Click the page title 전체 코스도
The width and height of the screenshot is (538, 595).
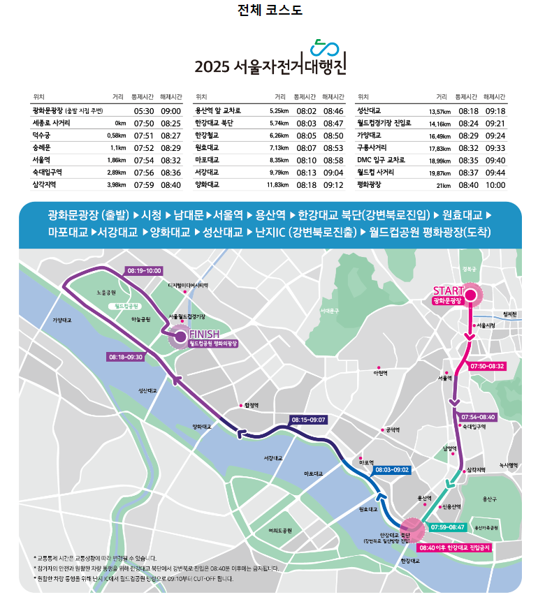(270, 10)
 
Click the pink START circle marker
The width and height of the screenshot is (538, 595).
(470, 295)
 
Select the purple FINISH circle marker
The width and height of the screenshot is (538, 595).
(180, 337)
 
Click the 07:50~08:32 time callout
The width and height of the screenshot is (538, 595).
(487, 366)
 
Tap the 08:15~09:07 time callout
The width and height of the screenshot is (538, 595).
(308, 420)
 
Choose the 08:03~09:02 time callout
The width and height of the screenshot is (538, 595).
(392, 470)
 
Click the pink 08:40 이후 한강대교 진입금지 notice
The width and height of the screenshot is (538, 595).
(454, 548)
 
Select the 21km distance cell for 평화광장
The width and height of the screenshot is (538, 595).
(443, 185)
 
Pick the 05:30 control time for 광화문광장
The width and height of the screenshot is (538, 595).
(144, 110)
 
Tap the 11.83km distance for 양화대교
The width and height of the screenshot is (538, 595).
(277, 185)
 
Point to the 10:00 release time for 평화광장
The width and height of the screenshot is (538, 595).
(495, 185)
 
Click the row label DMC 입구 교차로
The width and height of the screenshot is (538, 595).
(381, 160)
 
